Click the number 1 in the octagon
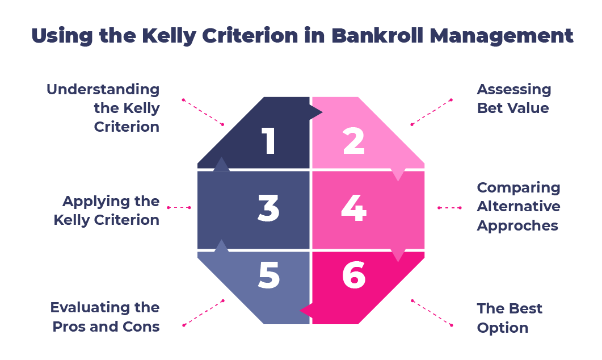(x=269, y=141)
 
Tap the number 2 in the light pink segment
(x=353, y=141)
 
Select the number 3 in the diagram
(x=268, y=208)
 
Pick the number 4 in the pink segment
(x=353, y=208)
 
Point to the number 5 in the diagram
(x=269, y=275)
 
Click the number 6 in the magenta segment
(x=354, y=275)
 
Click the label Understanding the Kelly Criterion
(x=103, y=108)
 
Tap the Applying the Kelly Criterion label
(x=107, y=210)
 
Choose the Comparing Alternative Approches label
(x=518, y=206)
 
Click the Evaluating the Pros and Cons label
(x=105, y=317)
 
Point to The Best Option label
(x=509, y=318)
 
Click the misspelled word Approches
(x=517, y=225)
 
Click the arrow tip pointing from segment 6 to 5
(x=305, y=310)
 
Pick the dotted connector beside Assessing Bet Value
(x=431, y=112)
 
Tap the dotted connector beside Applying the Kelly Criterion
(x=179, y=208)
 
